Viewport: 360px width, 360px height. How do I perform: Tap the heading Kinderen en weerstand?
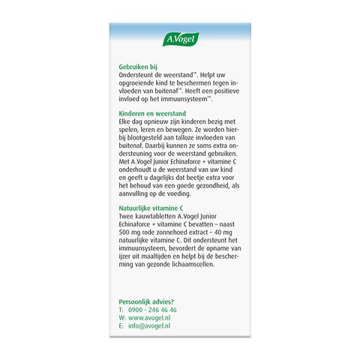pos(154,112)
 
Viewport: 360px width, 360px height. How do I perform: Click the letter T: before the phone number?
pos(121,310)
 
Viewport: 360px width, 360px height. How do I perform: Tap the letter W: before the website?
pos(122,318)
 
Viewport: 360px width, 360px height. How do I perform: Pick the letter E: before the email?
pos(121,327)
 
